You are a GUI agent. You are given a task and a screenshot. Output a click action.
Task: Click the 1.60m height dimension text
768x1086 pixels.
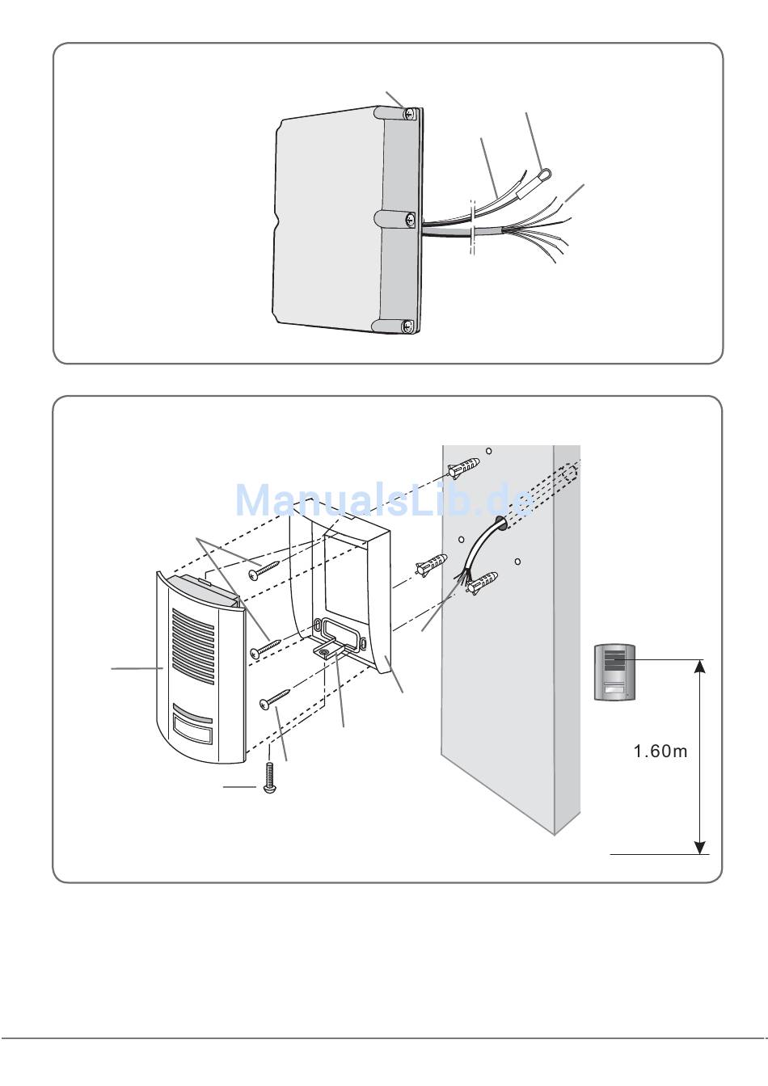(x=660, y=751)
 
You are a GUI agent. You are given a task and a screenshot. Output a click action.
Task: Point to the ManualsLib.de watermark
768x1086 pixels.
(x=385, y=500)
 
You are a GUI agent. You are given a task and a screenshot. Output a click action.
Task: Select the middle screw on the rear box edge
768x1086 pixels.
(x=411, y=218)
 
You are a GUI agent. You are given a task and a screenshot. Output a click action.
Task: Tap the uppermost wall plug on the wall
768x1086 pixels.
(x=462, y=467)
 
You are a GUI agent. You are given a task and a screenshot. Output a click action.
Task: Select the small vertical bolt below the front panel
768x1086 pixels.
(x=269, y=781)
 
